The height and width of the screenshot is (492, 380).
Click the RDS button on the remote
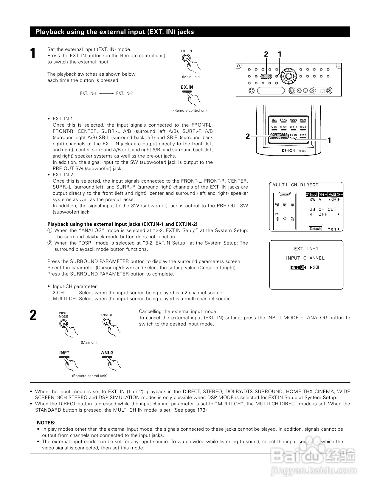click(274, 120)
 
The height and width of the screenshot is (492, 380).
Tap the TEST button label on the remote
click(303, 135)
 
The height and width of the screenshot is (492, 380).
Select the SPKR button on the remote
click(303, 127)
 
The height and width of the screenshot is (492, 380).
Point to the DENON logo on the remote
click(288, 151)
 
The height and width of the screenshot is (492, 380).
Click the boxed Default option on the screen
click(315, 229)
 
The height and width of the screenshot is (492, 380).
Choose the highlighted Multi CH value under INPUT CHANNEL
click(297, 267)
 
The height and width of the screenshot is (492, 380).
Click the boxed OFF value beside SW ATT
click(334, 200)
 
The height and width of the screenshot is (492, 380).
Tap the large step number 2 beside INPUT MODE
click(33, 315)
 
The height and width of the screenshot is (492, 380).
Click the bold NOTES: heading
click(46, 423)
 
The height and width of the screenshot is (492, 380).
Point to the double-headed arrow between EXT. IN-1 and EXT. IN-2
click(106, 93)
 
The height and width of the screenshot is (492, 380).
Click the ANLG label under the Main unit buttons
click(107, 353)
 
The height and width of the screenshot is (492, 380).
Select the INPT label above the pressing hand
click(64, 353)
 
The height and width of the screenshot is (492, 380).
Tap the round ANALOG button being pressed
click(106, 322)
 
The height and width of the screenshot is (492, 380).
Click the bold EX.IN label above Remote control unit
click(187, 87)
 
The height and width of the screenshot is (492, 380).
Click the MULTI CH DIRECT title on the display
click(295, 185)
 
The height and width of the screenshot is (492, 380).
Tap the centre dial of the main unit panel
click(288, 76)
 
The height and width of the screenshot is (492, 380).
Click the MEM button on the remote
click(303, 120)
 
